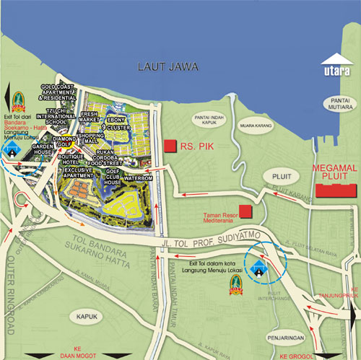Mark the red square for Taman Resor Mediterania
246,211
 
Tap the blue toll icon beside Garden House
12,149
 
